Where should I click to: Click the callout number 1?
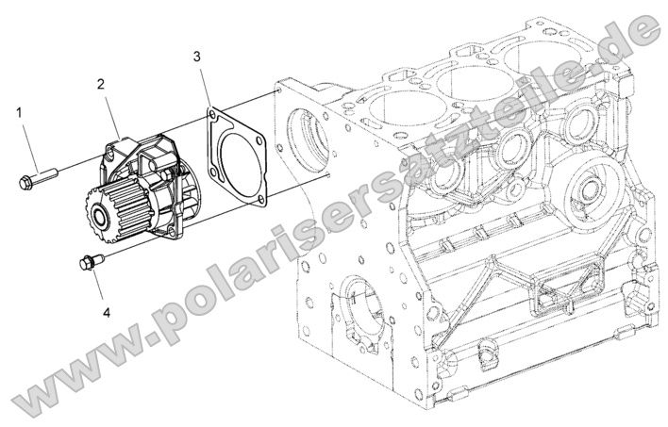coord(19,112)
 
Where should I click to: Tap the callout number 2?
coord(100,84)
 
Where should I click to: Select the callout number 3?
coord(195,57)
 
